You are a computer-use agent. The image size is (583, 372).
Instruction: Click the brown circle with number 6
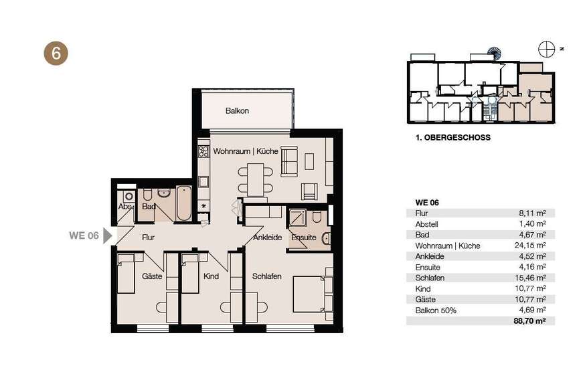tap(56, 53)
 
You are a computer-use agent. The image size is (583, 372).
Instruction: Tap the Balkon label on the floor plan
tap(237, 111)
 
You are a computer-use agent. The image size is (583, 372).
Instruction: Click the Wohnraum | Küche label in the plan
tap(246, 151)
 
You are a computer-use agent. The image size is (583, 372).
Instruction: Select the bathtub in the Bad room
tap(184, 203)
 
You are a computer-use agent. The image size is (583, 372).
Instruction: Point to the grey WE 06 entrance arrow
tap(108, 236)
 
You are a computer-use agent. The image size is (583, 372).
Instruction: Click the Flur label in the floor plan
tap(148, 237)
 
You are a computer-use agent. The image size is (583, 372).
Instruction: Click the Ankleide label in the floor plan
tap(267, 238)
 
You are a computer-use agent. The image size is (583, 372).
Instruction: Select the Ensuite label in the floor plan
tap(304, 238)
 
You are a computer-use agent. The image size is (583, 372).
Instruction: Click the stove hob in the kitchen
tap(203, 151)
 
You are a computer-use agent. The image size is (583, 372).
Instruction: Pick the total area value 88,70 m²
tap(529, 320)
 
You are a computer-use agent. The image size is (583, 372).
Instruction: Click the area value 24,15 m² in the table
tap(529, 246)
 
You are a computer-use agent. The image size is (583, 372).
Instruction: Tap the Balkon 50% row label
tap(435, 310)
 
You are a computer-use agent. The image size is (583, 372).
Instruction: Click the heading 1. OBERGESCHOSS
tap(453, 138)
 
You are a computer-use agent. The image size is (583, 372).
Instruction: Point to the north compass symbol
tap(547, 49)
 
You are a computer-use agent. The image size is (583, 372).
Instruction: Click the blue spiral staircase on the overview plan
tap(495, 54)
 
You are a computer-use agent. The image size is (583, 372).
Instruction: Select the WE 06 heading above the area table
tap(427, 203)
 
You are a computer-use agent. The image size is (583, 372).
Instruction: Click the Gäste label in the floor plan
tap(152, 276)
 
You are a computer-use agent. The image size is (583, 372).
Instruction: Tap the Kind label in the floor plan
tap(211, 276)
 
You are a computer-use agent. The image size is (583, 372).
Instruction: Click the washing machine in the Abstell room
tap(129, 196)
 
